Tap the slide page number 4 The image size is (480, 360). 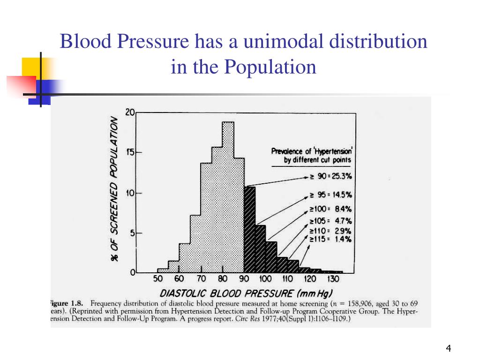click(449, 348)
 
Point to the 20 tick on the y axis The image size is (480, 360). click(130, 112)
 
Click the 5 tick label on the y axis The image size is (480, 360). click(133, 233)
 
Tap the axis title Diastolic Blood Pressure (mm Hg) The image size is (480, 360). click(246, 293)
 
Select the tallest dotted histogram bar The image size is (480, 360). click(228, 197)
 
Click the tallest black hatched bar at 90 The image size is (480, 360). click(250, 230)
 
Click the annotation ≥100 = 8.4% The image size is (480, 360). click(330, 210)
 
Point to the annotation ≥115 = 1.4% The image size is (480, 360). click(330, 239)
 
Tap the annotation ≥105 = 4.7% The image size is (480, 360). click(330, 221)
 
